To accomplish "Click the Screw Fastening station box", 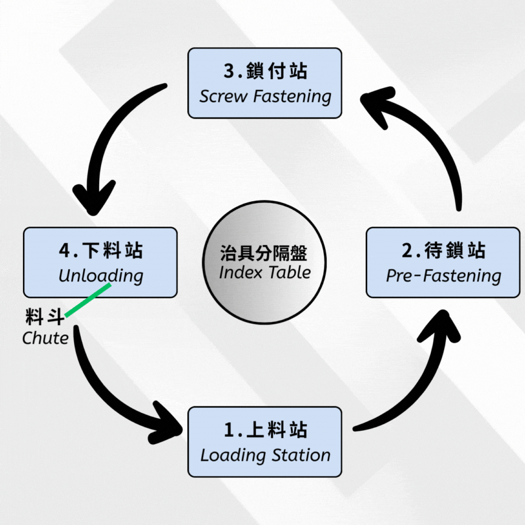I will tap(264, 83).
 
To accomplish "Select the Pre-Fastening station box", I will tap(443, 262).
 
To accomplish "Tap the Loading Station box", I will tap(264, 442).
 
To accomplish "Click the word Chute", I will tap(45, 337).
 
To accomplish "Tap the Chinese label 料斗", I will tap(44, 317).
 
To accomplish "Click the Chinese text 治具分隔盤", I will tap(264, 253).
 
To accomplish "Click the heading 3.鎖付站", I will tap(265, 71).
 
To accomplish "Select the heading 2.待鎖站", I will tap(444, 250).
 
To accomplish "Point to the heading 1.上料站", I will tap(266, 430).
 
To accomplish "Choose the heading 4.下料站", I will tap(101, 250).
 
